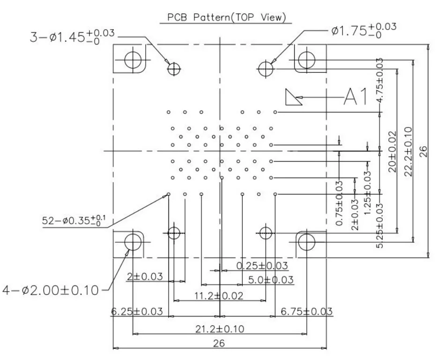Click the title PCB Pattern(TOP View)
pos(226,17)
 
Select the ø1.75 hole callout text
pos(364,30)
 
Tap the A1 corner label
pos(355,97)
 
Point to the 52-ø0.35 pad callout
pos(74,220)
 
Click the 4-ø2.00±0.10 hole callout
pos(51,290)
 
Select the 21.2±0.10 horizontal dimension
pos(219,329)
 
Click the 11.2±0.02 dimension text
pos(219,296)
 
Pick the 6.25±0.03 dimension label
pos(137,311)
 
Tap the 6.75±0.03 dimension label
pos(306,311)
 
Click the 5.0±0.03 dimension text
pos(271,279)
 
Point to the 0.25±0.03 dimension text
pos(262,266)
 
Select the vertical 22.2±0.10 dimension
pos(409,151)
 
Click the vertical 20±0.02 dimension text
pos(393,151)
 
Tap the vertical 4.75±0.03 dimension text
pos(379,81)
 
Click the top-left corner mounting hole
pos(133,60)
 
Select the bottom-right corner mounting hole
pos(306,242)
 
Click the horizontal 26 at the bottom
pos(219,343)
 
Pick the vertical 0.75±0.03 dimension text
pos(339,203)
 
